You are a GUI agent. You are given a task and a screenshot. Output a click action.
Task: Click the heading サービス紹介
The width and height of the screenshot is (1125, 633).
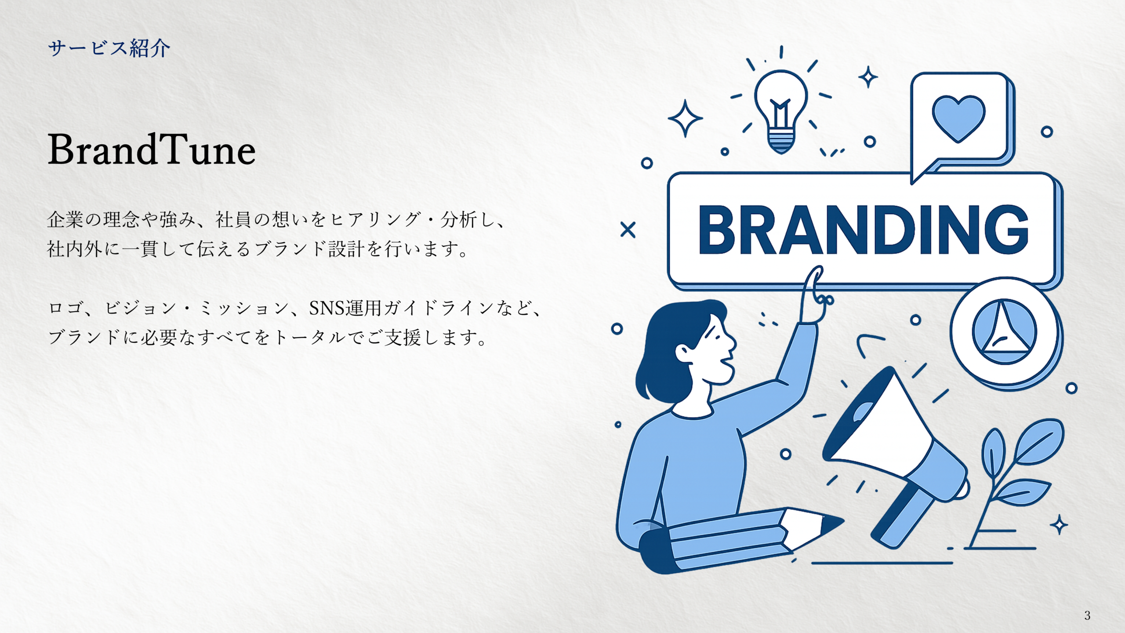(109, 48)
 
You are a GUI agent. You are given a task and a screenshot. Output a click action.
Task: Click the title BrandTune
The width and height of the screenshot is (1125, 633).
(152, 150)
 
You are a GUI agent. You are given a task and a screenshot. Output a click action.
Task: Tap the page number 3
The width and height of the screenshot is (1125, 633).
(1087, 615)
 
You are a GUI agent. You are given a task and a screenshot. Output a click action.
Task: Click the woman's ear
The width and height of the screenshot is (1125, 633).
(685, 352)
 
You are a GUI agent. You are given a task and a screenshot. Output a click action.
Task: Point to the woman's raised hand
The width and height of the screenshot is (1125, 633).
(813, 295)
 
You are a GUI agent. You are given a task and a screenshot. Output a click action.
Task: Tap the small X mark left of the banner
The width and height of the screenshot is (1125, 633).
(628, 229)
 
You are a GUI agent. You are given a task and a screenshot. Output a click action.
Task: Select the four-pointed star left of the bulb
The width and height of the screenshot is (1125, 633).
(685, 118)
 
